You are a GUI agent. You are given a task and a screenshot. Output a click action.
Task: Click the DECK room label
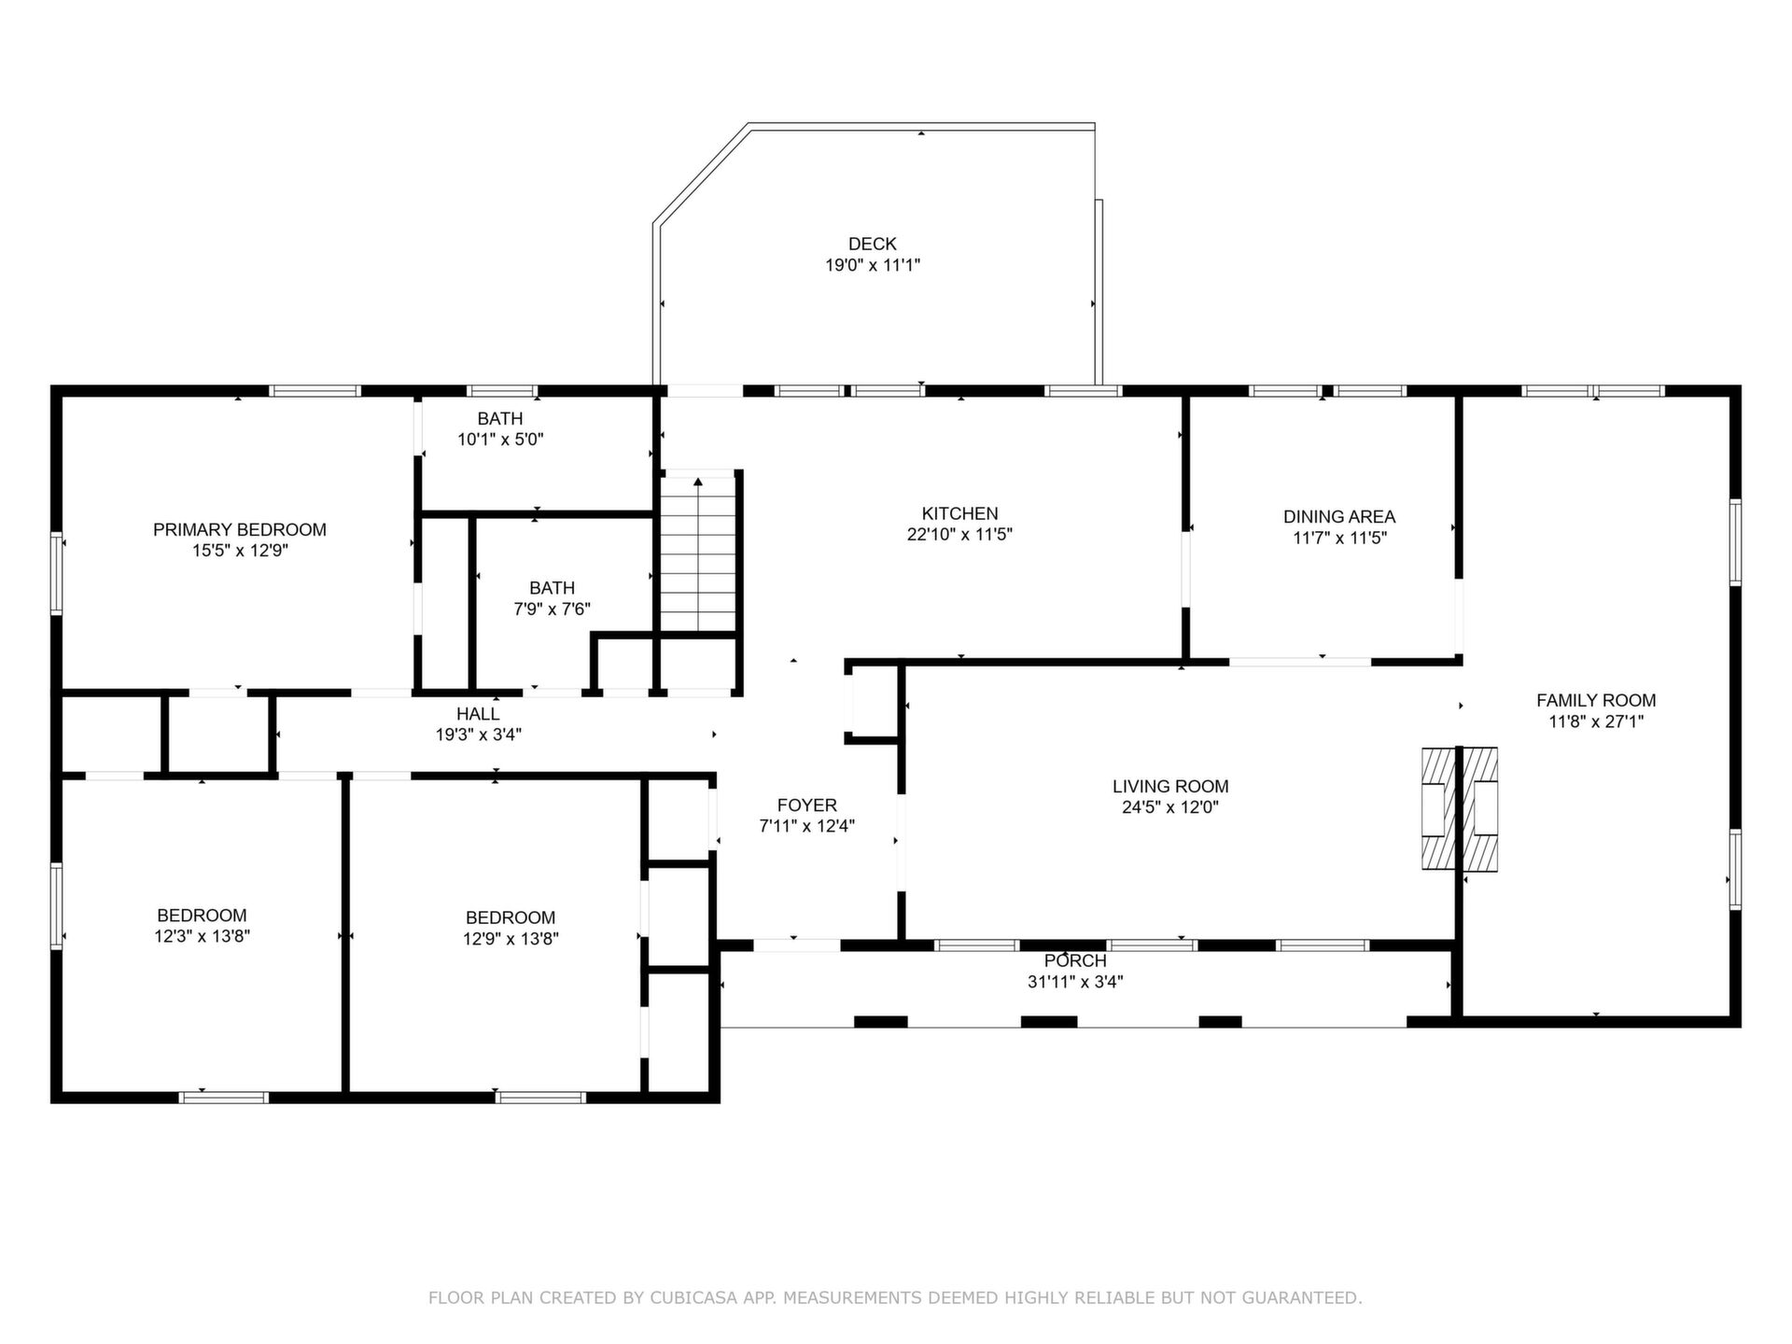pos(873,245)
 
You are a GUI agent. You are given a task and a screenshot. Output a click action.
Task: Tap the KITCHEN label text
pos(959,513)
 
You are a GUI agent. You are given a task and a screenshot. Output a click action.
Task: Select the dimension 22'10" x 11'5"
pos(959,535)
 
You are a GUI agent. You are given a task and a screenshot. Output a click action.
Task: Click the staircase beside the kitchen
pos(699,554)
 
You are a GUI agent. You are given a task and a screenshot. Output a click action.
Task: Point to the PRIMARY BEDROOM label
pos(240,530)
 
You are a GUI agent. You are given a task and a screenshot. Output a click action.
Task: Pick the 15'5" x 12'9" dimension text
pos(240,551)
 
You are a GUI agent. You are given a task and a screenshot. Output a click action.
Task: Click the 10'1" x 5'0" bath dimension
pos(500,440)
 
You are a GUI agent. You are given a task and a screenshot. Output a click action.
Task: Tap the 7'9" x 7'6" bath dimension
pos(552,609)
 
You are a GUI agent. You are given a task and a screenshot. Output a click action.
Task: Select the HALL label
pos(478,714)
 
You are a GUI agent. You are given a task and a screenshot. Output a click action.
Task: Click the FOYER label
pos(807,805)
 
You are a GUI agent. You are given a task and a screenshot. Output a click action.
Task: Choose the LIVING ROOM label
pos(1170,787)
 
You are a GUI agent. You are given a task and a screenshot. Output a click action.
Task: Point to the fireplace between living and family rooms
pos(1459,809)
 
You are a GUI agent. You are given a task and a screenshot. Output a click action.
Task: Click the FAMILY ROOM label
pos(1596,700)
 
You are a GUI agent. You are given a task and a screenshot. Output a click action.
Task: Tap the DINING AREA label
pos(1339,517)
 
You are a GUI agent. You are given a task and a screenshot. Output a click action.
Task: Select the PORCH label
pos(1075,961)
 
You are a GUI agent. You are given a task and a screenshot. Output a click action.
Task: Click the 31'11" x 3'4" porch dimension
pos(1075,982)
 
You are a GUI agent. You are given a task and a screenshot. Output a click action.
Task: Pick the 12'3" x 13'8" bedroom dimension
pos(203,936)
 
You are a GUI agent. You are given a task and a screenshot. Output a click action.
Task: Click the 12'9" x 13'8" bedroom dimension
pos(511,939)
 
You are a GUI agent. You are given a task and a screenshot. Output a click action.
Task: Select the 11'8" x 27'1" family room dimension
pos(1596,721)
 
